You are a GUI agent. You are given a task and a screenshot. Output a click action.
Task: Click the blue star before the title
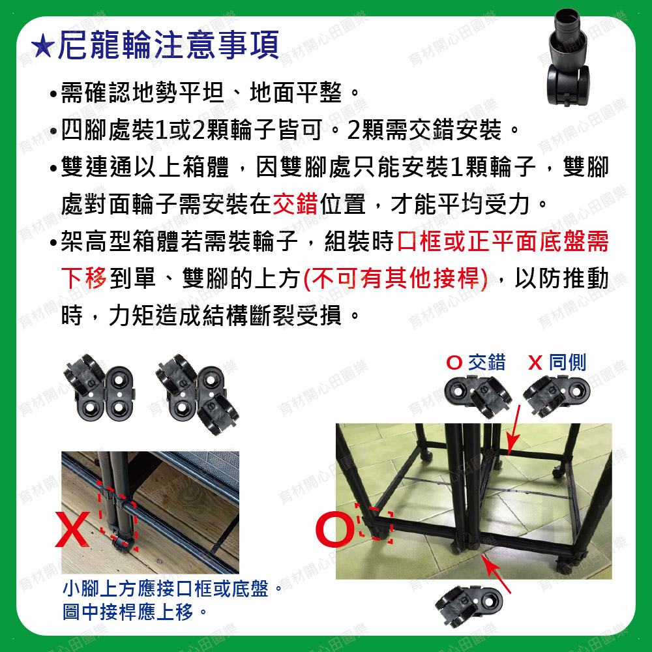pyautogui.click(x=43, y=46)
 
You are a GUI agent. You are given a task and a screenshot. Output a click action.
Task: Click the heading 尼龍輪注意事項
pyautogui.click(x=168, y=45)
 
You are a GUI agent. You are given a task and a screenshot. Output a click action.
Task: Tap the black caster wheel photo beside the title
pyautogui.click(x=568, y=57)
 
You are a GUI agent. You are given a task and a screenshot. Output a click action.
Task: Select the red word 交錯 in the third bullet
pyautogui.click(x=295, y=203)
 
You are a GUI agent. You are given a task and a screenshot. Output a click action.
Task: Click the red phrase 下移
pyautogui.click(x=84, y=278)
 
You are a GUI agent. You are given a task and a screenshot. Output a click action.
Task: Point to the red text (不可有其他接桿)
pyautogui.click(x=396, y=278)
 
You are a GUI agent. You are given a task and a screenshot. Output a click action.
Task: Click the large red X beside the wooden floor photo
pyautogui.click(x=72, y=529)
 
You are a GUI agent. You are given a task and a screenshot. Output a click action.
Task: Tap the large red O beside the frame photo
pyautogui.click(x=334, y=529)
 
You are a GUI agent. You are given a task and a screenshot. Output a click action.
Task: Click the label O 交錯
pyautogui.click(x=476, y=362)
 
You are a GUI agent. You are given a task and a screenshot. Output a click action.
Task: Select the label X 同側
pyautogui.click(x=557, y=362)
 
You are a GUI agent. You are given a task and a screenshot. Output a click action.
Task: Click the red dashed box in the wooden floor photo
pyautogui.click(x=118, y=516)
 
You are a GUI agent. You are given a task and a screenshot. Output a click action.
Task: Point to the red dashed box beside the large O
pyautogui.click(x=374, y=522)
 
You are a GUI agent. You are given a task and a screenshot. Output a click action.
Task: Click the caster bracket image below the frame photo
pyautogui.click(x=469, y=604)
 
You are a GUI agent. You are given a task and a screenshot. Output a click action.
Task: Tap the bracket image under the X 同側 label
pyautogui.click(x=556, y=396)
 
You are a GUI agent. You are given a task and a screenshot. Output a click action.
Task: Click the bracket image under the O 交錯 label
pyautogui.click(x=478, y=396)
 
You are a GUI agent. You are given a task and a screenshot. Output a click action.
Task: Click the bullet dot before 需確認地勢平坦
pyautogui.click(x=53, y=93)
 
